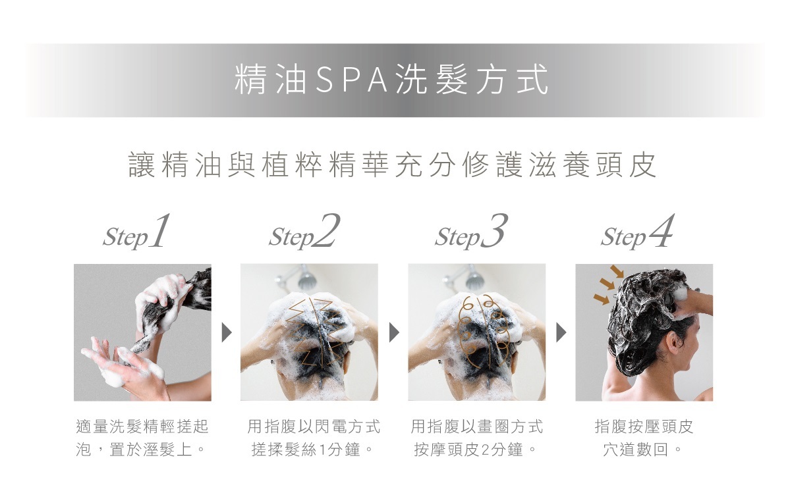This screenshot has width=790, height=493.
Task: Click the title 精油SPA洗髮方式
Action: tap(391, 80)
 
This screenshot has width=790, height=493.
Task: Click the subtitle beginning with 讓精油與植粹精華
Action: tap(393, 165)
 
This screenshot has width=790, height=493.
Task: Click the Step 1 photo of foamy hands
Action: tap(142, 332)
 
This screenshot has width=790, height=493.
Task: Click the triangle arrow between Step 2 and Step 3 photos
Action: tap(394, 332)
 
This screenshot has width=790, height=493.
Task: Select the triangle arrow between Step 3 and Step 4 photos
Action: tap(561, 332)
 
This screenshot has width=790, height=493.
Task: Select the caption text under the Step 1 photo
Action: tap(142, 438)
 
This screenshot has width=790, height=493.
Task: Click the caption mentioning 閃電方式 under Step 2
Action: tap(314, 438)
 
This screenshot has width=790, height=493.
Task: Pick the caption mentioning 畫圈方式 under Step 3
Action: tap(477, 438)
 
